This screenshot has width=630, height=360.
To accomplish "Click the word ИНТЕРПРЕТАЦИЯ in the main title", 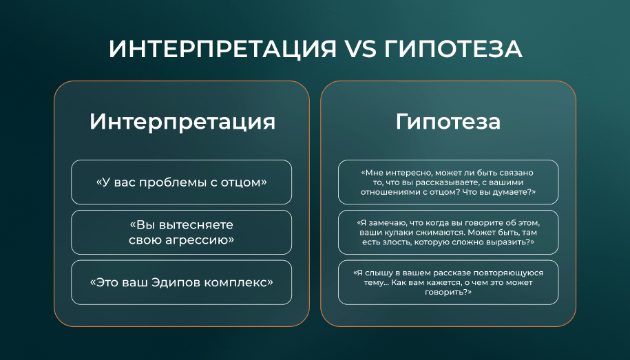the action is (222, 49).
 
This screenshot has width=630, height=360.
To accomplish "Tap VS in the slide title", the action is (359, 49).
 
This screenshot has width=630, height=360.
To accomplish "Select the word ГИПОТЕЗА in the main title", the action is (453, 49).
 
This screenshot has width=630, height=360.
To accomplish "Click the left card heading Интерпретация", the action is (182, 122).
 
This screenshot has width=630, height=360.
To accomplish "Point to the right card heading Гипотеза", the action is (448, 122).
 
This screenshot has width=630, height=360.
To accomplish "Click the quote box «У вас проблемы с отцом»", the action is (182, 182).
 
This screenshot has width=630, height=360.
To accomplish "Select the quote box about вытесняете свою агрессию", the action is (182, 232).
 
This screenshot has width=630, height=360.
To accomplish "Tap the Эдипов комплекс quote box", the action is (182, 282).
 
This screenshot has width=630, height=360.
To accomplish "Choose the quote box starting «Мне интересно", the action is (448, 182).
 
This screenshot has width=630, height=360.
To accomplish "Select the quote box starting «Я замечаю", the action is (448, 232).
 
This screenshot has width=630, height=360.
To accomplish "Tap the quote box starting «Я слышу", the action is (448, 282).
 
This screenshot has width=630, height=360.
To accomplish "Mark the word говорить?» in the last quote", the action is (448, 293).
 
